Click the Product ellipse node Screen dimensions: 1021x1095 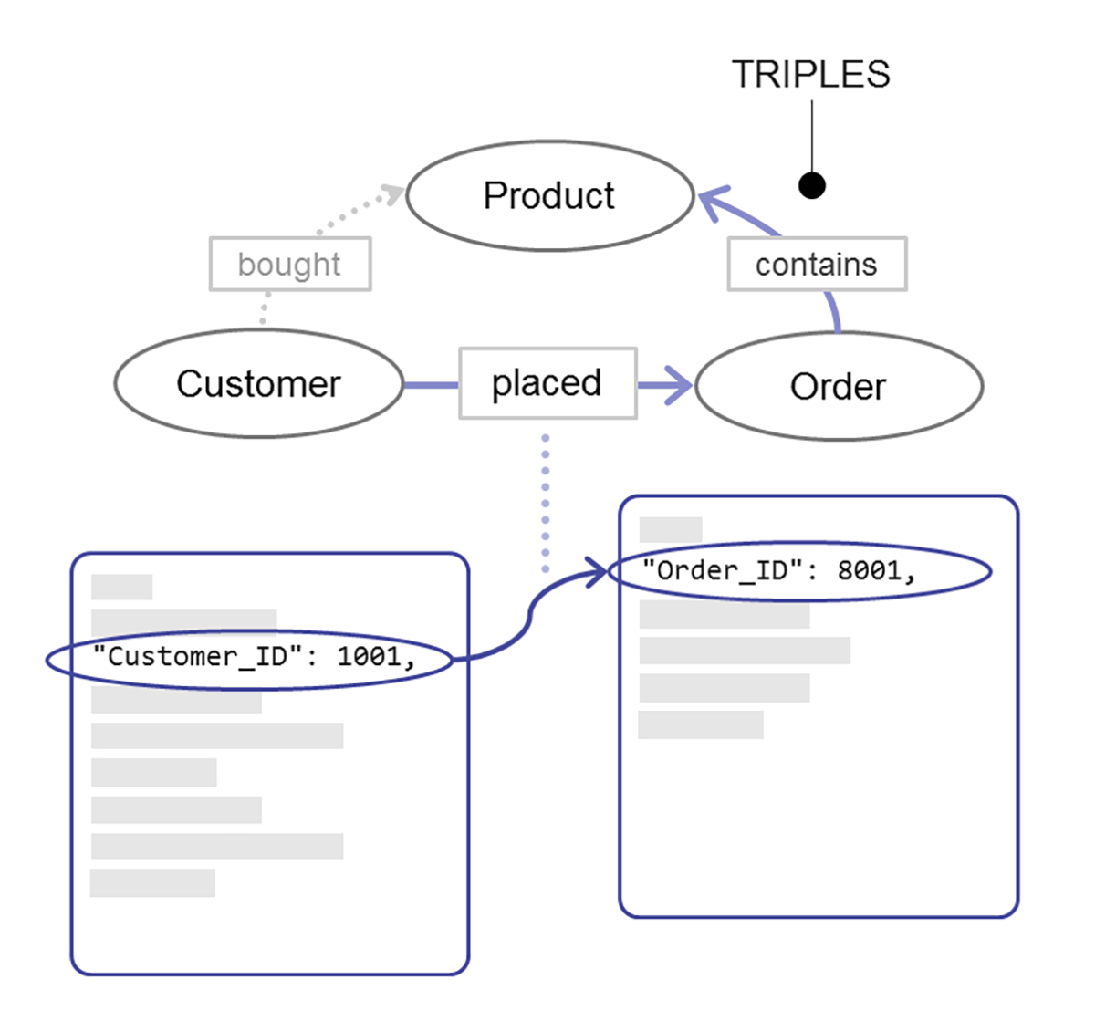click(x=549, y=195)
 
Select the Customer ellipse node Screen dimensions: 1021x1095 click(x=258, y=384)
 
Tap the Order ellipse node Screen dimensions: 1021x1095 click(x=838, y=387)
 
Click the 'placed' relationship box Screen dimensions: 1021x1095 click(x=547, y=383)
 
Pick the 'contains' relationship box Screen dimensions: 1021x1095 click(x=817, y=265)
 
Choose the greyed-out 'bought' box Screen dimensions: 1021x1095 click(x=289, y=265)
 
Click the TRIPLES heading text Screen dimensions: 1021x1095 click(x=810, y=75)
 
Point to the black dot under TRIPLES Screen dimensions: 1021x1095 click(x=811, y=186)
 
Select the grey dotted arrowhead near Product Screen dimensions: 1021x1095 click(x=394, y=193)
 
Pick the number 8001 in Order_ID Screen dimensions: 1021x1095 click(x=870, y=571)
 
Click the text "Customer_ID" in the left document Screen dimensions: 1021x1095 click(x=197, y=656)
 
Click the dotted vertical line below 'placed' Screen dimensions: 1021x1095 click(x=546, y=502)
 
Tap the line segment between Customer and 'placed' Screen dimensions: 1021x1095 click(x=431, y=385)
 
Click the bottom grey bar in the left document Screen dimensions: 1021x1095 click(x=152, y=883)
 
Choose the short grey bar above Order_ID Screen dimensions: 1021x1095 click(x=671, y=529)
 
